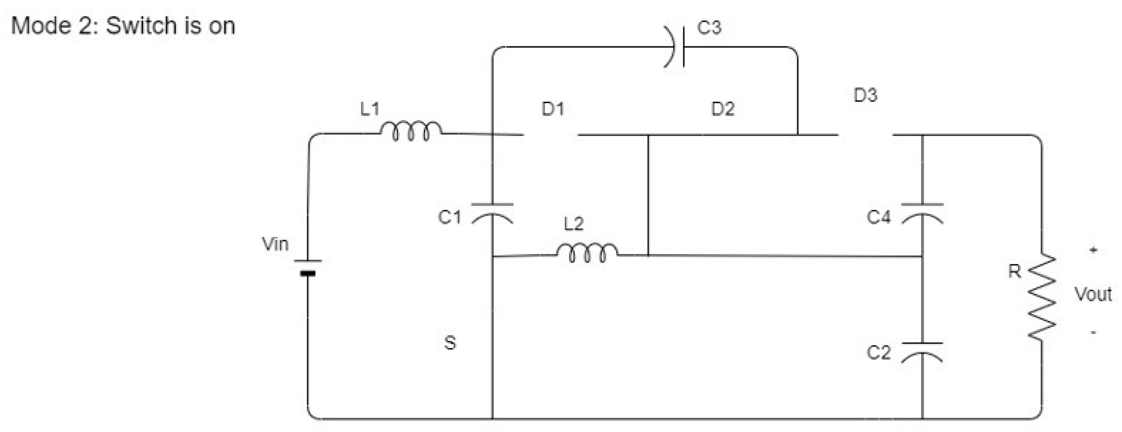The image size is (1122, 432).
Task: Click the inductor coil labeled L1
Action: (x=411, y=130)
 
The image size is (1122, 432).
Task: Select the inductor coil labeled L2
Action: (x=587, y=252)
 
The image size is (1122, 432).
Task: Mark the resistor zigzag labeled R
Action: (x=1042, y=297)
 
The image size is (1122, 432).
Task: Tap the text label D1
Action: (x=553, y=109)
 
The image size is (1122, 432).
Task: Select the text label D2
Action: (x=723, y=109)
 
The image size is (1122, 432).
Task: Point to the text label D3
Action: (x=865, y=95)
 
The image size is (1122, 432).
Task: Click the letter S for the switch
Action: (x=450, y=343)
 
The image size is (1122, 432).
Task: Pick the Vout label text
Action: (x=1093, y=294)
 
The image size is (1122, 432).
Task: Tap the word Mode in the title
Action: (x=42, y=25)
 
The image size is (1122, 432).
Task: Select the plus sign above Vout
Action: (x=1093, y=250)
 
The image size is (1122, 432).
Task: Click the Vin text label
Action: (x=275, y=244)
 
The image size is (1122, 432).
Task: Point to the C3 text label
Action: (x=709, y=28)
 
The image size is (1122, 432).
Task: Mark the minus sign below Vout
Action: (x=1093, y=333)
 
